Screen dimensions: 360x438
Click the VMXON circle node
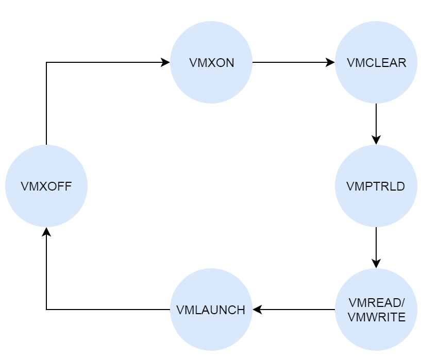211,62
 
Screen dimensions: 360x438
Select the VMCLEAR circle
376,62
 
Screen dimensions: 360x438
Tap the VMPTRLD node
376,186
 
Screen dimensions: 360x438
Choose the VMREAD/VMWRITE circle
376,310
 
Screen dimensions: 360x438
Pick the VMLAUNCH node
211,310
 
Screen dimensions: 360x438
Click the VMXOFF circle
46,186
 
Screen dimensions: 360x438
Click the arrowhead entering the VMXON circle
166,62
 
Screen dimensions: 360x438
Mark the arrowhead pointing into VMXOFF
46,232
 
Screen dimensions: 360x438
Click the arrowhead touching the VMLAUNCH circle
257,310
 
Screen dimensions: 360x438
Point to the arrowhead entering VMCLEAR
331,62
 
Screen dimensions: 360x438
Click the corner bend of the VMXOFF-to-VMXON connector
46,62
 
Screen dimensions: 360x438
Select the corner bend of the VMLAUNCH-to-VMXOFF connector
46,310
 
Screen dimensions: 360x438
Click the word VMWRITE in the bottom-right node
376,317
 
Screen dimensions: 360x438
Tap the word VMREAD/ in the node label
376,303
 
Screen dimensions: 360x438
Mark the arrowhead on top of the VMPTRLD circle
376,141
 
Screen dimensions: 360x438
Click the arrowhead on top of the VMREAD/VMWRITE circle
376,264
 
